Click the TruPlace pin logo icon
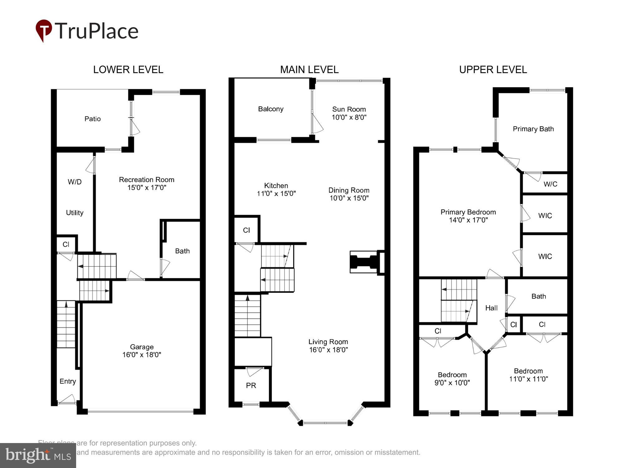coord(44,30)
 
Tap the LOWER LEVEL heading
coord(128,70)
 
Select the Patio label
coord(93,119)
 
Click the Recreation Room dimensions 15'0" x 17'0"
coord(147,188)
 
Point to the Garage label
coord(142,347)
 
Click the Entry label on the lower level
coord(68,381)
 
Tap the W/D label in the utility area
coord(75,182)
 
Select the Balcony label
coord(271,109)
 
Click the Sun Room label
coord(349,109)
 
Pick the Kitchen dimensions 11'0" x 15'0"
coord(276,193)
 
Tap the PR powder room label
coord(251,386)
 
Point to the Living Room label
coord(328,342)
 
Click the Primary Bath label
coord(533,129)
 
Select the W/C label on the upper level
coord(550,184)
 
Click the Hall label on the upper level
coord(491,308)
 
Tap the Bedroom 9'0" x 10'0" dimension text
coord(452,383)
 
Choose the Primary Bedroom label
coord(468,212)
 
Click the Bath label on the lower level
coord(182,251)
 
